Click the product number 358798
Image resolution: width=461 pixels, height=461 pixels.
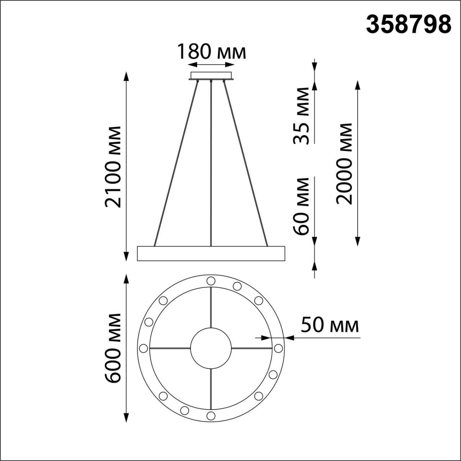408,24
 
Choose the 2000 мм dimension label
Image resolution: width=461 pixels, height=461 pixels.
344,164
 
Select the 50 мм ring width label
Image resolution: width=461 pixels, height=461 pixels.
330,325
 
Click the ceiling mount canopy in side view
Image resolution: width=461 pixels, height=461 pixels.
211,76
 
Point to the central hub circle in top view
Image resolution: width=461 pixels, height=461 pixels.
211,348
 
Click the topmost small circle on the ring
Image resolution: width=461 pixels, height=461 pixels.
211,281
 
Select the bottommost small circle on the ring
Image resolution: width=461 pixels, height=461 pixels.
211,416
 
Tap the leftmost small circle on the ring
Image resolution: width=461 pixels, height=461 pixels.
143,348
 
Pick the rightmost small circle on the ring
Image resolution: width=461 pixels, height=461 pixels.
278,348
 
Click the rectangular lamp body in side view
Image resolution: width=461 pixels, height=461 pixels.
211,254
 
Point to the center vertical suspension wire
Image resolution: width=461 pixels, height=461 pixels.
211,162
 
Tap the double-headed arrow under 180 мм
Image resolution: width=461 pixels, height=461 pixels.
211,65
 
